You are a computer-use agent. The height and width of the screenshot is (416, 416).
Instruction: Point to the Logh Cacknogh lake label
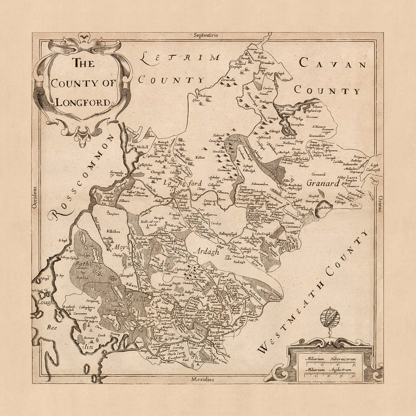pos(372,167)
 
